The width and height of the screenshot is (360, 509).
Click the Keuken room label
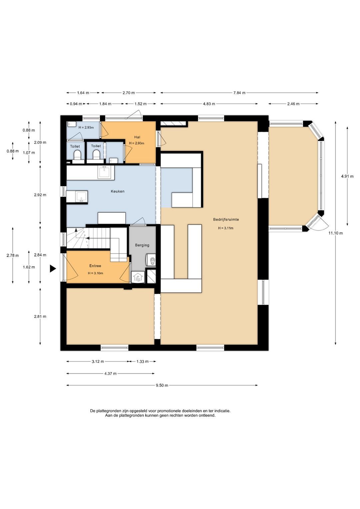[x=117, y=191]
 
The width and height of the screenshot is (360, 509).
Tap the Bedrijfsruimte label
[x=226, y=219]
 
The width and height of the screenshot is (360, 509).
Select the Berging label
[x=142, y=245]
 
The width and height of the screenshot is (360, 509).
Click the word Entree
[x=95, y=266]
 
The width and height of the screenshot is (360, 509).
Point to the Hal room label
[x=137, y=137]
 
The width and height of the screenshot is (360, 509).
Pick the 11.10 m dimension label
[x=335, y=233]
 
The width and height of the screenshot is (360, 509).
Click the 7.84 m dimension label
[x=239, y=93]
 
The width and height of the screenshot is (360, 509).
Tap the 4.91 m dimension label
[x=347, y=176]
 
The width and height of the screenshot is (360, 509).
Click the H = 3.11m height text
[x=226, y=228]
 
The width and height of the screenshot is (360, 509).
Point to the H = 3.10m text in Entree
[x=95, y=273]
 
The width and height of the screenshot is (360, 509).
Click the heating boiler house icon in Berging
[x=138, y=277]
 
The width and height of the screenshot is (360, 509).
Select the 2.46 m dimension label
[x=293, y=104]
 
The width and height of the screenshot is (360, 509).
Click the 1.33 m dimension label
[x=142, y=362]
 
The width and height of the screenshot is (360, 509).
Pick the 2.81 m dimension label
[x=40, y=317]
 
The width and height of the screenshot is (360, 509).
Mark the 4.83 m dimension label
[x=209, y=104]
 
